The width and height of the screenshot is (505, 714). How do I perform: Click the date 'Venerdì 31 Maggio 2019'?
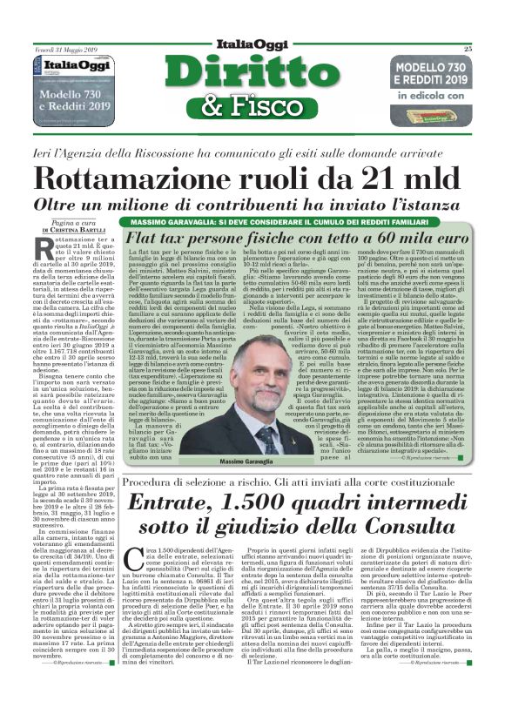pyautogui.click(x=65, y=50)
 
